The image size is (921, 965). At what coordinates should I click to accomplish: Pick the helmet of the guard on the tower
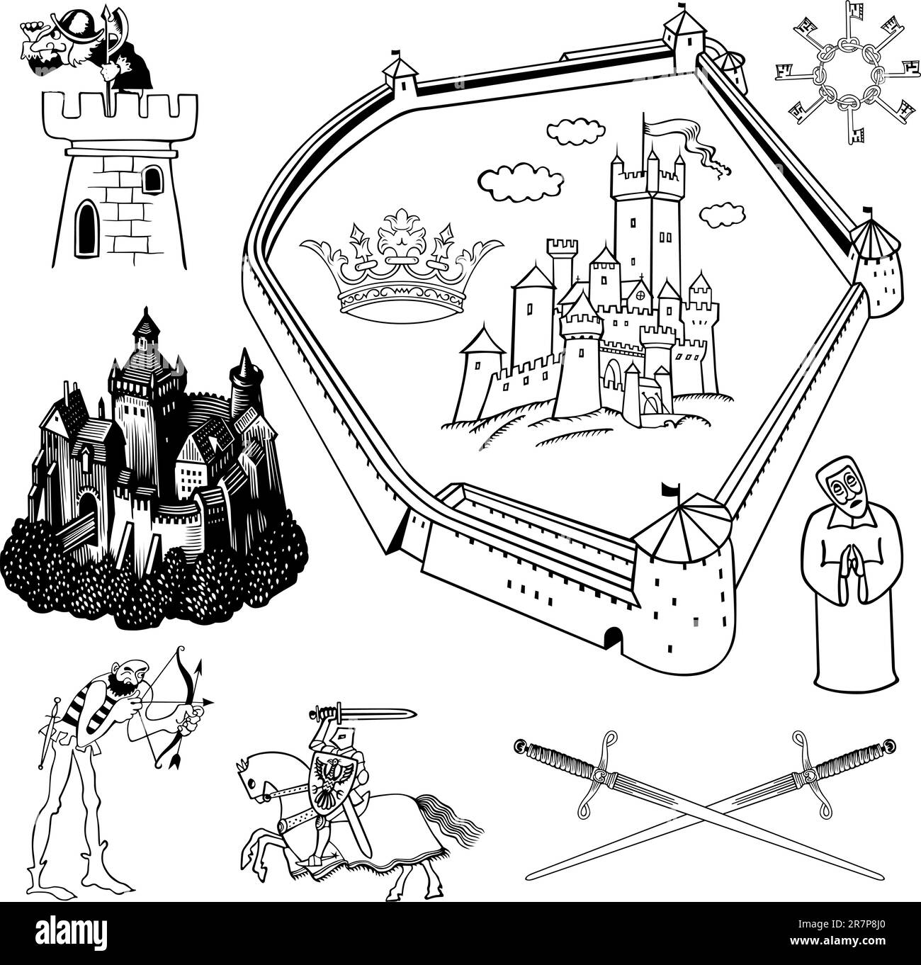(x=79, y=25)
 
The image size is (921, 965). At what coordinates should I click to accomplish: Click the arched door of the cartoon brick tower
(x=86, y=230)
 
